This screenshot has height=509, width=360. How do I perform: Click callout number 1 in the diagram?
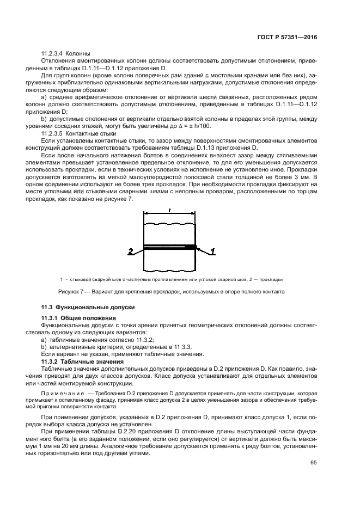[x=213, y=251]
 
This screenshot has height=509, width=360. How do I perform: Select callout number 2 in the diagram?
[x=130, y=252]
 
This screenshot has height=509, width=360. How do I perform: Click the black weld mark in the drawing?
[x=190, y=247]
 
